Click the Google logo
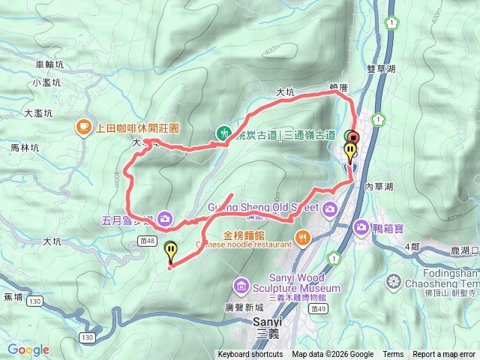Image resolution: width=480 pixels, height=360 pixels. click(x=28, y=350)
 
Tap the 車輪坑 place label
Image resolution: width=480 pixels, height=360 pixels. click(x=50, y=64)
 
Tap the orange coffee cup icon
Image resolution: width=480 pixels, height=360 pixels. click(x=83, y=128)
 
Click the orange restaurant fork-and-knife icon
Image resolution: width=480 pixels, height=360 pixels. click(x=303, y=239)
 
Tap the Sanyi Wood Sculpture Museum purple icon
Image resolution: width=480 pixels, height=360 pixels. click(x=241, y=285)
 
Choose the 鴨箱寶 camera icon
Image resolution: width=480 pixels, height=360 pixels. click(x=361, y=226)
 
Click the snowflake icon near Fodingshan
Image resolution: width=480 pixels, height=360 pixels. click(x=393, y=282)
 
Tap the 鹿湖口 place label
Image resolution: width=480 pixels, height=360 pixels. click(x=461, y=248)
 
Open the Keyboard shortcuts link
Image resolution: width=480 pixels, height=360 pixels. click(x=250, y=355)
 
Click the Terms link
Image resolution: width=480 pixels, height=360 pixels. click(x=393, y=355)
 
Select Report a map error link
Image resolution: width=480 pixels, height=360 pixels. click(x=445, y=355)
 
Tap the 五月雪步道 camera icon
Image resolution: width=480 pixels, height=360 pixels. click(x=164, y=220)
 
